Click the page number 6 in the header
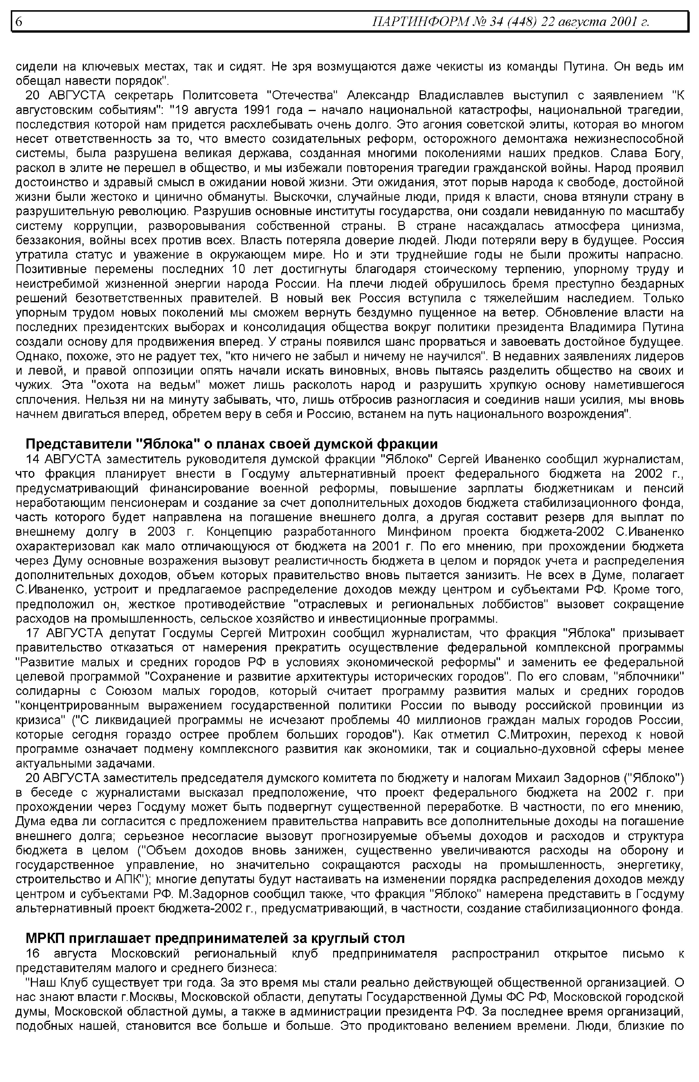coord(19,21)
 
